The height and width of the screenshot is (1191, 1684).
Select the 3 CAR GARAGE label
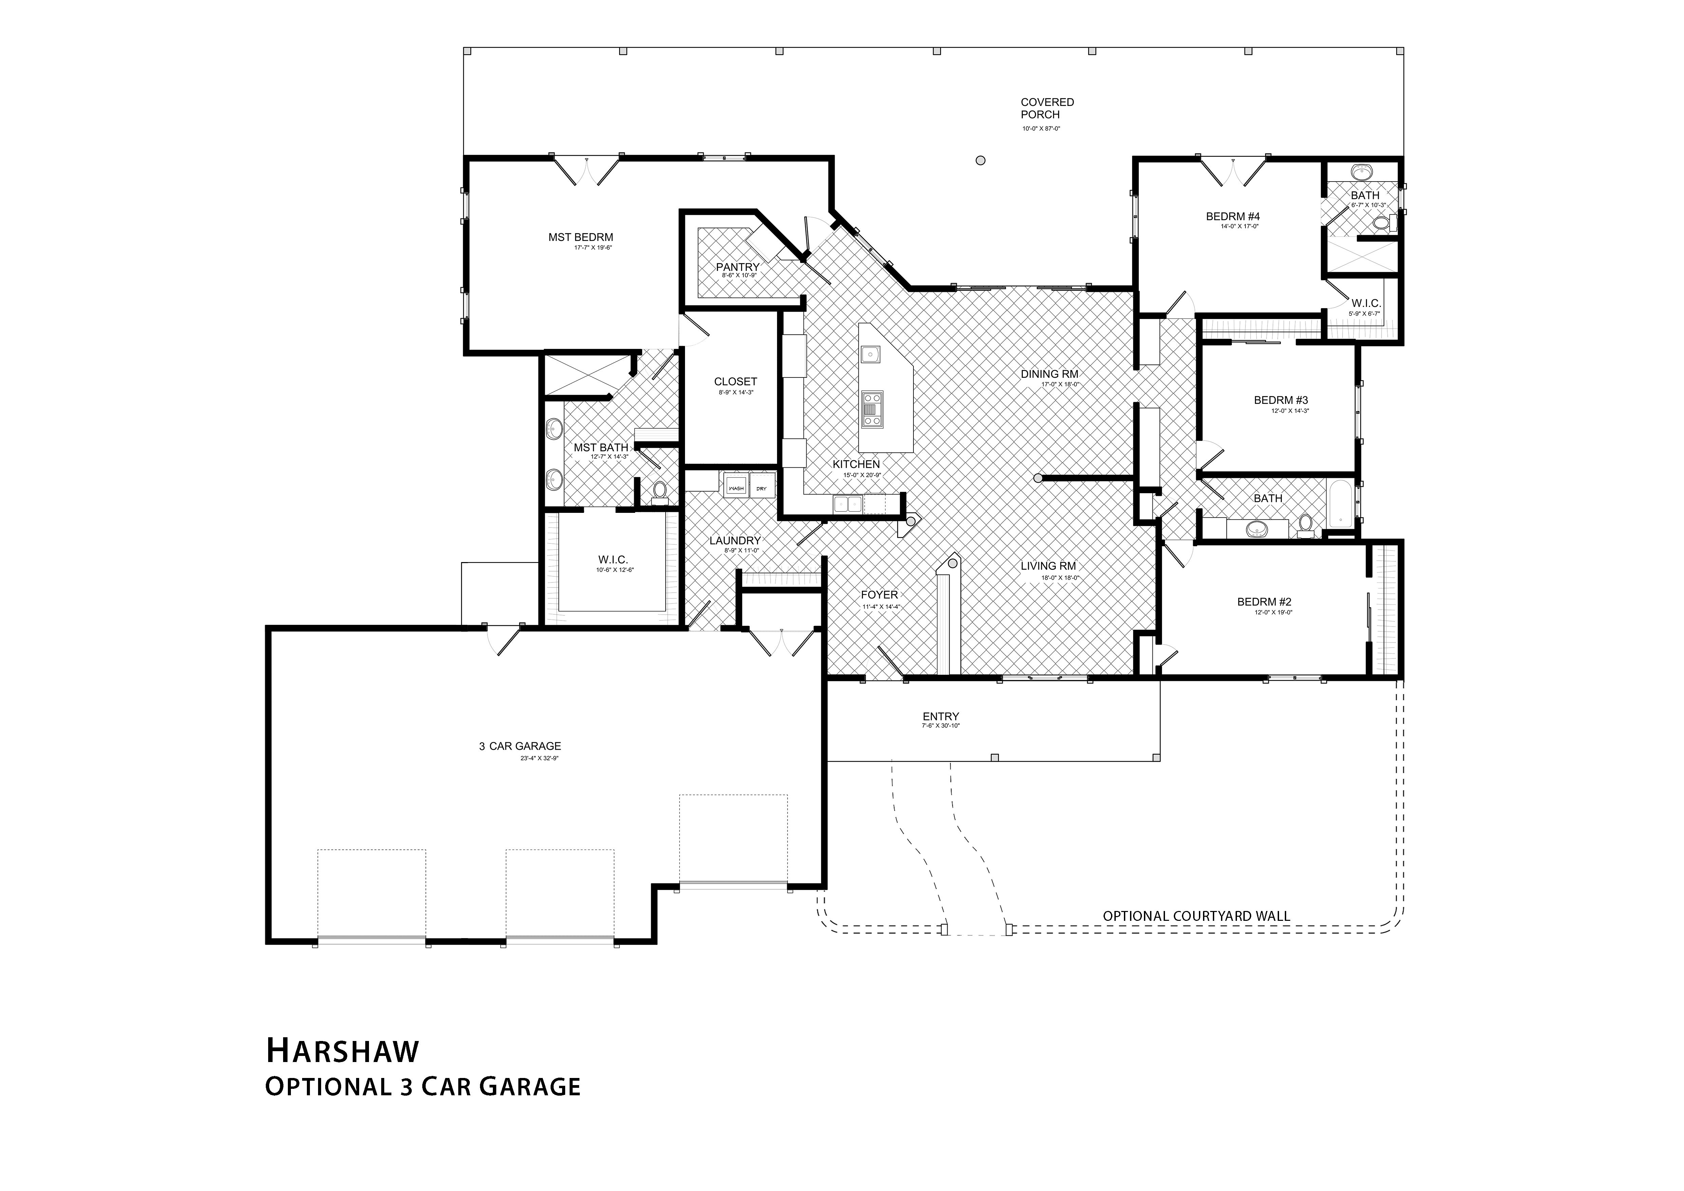click(520, 746)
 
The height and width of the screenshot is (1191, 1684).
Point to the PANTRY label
click(737, 267)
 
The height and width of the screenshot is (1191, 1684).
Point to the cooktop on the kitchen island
click(872, 409)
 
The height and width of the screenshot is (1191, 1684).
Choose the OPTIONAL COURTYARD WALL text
click(1196, 916)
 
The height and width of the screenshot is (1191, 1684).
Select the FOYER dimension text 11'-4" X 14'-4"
click(880, 607)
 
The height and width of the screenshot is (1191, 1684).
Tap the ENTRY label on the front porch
click(940, 717)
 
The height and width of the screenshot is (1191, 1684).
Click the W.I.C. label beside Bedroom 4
click(1366, 303)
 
